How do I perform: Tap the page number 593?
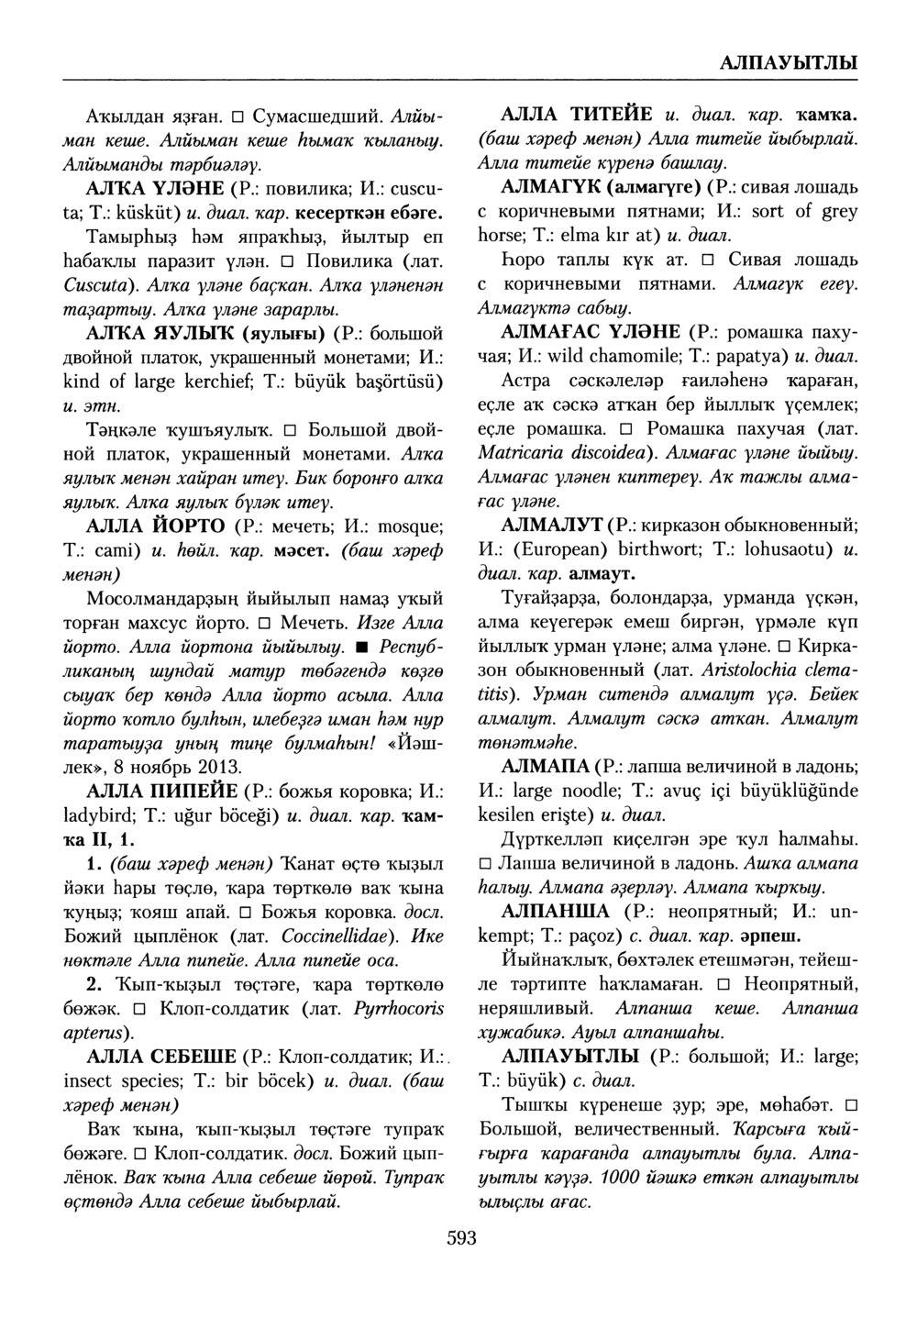[461, 1239]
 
